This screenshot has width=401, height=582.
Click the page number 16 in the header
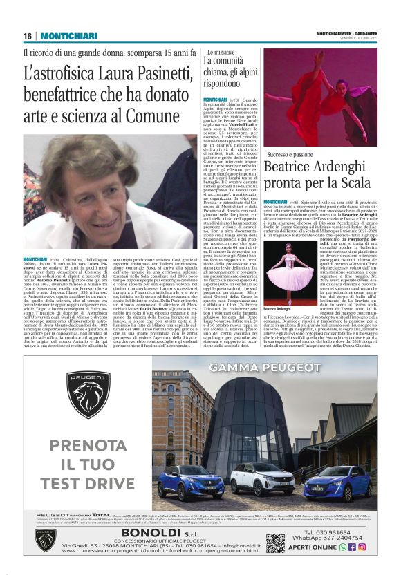(28, 36)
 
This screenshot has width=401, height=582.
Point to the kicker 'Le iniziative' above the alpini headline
(219, 52)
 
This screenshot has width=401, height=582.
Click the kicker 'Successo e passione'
(294, 155)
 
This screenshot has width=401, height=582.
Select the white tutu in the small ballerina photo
(285, 260)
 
